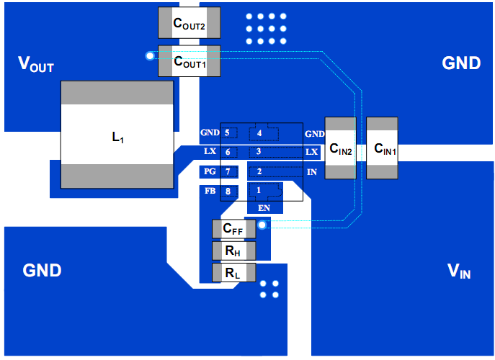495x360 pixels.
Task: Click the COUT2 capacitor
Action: [189, 22]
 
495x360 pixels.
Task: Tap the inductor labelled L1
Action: [117, 135]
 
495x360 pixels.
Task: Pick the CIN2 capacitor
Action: [340, 148]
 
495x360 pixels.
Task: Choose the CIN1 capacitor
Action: [383, 148]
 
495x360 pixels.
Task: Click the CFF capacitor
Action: [233, 229]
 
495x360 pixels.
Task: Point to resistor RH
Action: [233, 251]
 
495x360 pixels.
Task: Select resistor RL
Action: [233, 273]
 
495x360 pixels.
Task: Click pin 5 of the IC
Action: [228, 133]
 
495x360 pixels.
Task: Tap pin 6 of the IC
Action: [228, 152]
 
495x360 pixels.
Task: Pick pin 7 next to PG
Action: [228, 171]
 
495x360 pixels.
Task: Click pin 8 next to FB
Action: [228, 191]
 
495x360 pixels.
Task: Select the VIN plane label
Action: [460, 271]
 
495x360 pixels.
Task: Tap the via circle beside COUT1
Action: [150, 55]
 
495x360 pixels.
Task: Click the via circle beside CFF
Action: [262, 225]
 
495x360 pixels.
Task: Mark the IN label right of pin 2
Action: [312, 172]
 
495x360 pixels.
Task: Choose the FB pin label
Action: [210, 191]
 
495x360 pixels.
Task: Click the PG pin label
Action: [210, 171]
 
